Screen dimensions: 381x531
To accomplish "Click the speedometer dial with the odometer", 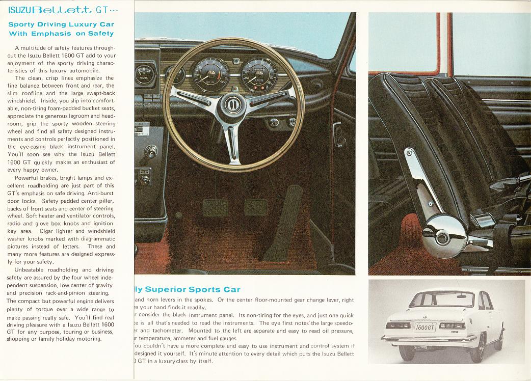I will point(258,74).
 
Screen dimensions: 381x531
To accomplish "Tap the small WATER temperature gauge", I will point(145,75).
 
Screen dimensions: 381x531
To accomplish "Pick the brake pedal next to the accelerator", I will point(255,207).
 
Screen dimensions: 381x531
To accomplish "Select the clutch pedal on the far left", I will point(215,207).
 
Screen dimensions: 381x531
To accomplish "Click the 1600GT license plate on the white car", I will point(425,327).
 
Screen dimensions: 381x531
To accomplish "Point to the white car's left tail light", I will point(399,324).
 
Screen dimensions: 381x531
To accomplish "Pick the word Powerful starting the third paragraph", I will point(30,178).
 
